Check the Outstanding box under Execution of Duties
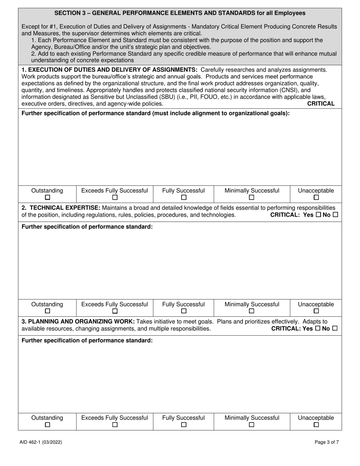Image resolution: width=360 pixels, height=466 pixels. (x=47, y=197)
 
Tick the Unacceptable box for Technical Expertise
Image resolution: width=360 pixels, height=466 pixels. (x=316, y=311)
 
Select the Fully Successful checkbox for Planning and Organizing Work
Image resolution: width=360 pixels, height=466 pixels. (x=183, y=425)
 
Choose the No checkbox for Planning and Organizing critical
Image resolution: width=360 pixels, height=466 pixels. (x=335, y=328)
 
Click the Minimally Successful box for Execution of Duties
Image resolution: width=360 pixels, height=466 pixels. (x=252, y=197)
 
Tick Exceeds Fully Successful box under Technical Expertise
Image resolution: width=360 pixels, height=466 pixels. (x=115, y=311)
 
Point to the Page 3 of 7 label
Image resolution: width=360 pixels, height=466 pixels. (x=327, y=442)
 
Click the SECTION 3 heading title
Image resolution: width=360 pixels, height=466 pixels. (x=180, y=13)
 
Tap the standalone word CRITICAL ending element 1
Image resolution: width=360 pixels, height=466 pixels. (x=321, y=103)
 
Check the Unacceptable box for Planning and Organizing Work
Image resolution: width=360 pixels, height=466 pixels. (x=316, y=425)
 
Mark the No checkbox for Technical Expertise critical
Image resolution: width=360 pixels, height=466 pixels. (x=335, y=215)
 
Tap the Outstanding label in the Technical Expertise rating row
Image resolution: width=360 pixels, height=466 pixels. (x=47, y=304)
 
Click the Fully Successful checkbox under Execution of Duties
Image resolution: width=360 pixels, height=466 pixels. (x=183, y=197)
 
